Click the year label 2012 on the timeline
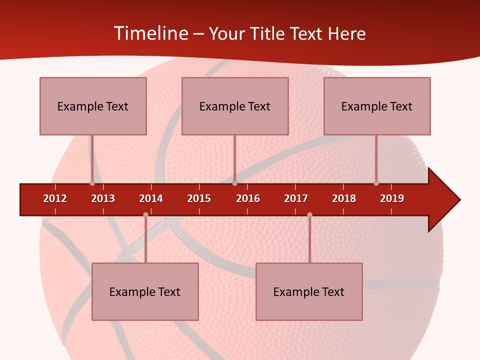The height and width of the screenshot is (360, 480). coord(55,198)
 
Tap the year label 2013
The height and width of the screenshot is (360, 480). coord(103,198)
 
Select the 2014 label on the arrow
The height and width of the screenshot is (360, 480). coord(151,198)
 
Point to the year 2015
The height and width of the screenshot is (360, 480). coord(199,198)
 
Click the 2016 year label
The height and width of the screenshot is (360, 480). coord(248,198)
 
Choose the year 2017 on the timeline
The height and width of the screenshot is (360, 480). coord(296,198)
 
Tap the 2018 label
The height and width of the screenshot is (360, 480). coord(344,198)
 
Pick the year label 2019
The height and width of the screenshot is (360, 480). coord(392,198)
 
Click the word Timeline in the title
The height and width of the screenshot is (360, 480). coord(150,33)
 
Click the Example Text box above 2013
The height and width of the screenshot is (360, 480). coord(93,106)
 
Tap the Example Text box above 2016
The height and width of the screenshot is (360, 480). coord(235,106)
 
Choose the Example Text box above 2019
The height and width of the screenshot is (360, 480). coord(377,106)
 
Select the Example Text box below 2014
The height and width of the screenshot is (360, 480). coord(145,291)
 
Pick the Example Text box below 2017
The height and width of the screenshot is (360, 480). coord(309,291)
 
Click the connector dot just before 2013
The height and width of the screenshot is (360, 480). coord(92,183)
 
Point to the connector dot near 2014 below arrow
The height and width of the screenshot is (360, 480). coord(145,214)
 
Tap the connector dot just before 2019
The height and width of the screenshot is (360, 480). coord(376,183)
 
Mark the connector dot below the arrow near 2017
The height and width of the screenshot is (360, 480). coord(309,214)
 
